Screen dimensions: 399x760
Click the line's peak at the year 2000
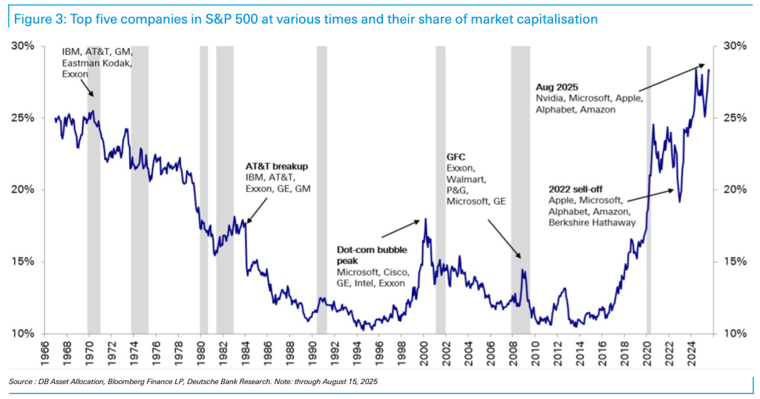(x=425, y=219)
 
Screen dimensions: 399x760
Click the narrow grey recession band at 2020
(x=649, y=185)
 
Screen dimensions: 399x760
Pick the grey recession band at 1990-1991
(x=321, y=185)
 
